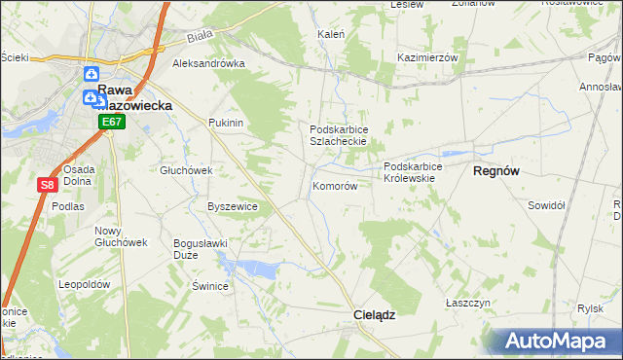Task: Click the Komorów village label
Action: (335, 186)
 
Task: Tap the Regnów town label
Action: (495, 170)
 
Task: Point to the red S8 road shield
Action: (47, 184)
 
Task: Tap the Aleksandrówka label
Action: (207, 64)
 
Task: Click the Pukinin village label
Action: (225, 124)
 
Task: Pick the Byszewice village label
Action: (233, 206)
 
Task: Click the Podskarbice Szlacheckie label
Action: (338, 135)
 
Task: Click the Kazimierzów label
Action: (427, 57)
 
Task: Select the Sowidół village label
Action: (546, 205)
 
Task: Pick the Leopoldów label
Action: (83, 284)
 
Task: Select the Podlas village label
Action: (69, 206)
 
